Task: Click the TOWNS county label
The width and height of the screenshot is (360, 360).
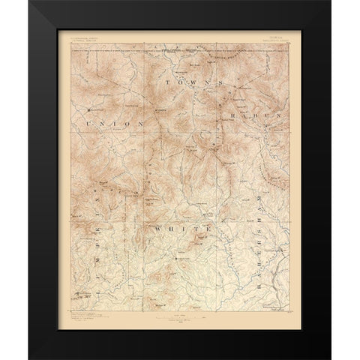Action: (200, 82)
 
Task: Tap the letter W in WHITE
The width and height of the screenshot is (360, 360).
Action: (159, 226)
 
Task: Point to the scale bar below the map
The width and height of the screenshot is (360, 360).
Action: (178, 317)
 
